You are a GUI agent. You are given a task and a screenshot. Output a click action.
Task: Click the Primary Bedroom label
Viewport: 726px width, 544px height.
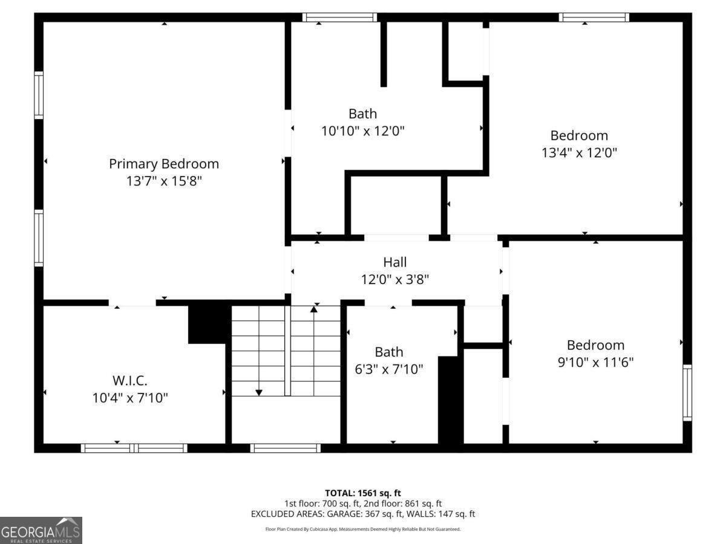coord(163,164)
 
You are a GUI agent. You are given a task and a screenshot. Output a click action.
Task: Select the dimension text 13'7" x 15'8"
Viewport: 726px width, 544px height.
coord(163,181)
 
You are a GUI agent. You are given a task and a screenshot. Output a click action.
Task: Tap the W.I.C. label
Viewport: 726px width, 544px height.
coord(129,381)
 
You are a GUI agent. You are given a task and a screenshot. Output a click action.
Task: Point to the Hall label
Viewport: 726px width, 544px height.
coord(394,262)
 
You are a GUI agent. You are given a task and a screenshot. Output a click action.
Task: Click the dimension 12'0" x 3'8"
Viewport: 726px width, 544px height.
coord(394,279)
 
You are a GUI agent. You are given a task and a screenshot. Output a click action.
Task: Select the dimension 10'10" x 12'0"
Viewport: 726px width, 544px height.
coord(362,131)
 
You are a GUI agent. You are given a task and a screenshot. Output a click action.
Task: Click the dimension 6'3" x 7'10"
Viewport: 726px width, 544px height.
coord(388,369)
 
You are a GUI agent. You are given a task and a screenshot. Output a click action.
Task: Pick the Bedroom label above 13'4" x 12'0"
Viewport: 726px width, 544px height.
coord(579,135)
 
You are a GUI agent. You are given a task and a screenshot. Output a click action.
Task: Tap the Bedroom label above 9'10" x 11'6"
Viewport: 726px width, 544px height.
coord(595,345)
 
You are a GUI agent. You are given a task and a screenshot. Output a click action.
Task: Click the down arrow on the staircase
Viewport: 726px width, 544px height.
coord(259,392)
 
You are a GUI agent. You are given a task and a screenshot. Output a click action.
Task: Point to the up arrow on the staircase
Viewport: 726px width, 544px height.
coord(313,309)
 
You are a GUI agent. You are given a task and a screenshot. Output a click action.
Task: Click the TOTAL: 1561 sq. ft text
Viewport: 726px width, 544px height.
coord(363,493)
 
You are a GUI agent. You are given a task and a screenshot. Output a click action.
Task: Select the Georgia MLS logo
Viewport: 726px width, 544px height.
coord(41,530)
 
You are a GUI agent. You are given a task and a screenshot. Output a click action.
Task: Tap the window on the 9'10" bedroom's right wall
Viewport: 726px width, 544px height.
coord(687,393)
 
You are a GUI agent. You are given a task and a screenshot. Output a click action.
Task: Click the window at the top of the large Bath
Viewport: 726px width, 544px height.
coord(339,17)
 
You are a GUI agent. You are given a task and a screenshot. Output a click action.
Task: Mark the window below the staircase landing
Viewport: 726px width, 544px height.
coord(285,448)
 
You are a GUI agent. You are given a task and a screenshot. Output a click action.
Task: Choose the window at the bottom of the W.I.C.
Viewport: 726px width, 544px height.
coord(134,448)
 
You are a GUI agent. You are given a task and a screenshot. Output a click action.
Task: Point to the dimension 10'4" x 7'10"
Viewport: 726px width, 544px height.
coord(129,398)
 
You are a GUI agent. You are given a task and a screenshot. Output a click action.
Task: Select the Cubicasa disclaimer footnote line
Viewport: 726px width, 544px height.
coord(363,529)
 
